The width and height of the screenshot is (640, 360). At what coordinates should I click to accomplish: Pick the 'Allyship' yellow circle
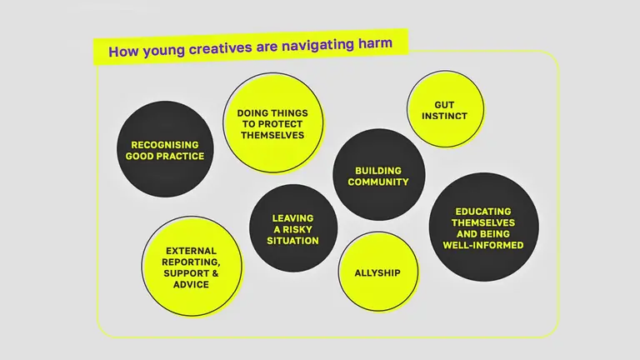tap(377, 272)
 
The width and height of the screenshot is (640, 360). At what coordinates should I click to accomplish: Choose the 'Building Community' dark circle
tap(378, 175)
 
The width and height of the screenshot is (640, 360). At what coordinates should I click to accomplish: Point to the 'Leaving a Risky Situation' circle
tap(293, 228)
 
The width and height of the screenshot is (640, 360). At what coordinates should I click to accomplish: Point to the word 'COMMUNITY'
tap(378, 182)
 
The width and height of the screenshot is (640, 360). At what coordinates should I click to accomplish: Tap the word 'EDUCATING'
tap(483, 212)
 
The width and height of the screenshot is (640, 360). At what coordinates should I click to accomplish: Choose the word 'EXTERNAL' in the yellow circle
tap(192, 251)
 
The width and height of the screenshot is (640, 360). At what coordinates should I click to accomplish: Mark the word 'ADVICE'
tap(192, 284)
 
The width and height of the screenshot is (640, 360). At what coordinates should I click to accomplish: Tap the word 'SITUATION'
tap(293, 240)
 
